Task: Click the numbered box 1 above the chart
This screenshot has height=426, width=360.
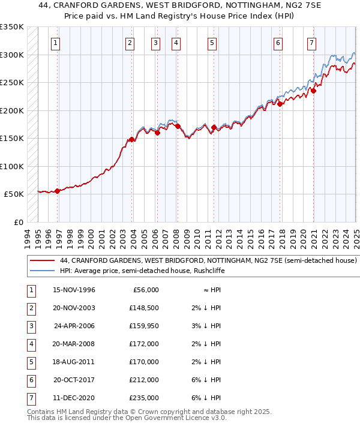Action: tap(55, 43)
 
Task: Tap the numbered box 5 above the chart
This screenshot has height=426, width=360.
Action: tap(212, 43)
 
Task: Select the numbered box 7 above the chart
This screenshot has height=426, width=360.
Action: tap(312, 43)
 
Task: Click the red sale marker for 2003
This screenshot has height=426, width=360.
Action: tap(131, 140)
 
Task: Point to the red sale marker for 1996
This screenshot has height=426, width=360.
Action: tap(58, 191)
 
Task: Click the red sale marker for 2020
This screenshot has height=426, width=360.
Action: tap(313, 91)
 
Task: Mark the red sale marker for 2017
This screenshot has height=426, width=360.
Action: tap(280, 104)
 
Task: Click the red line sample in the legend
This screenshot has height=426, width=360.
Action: tap(43, 261)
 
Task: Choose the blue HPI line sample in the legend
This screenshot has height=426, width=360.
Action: tap(43, 271)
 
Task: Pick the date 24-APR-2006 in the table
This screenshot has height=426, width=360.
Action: tap(74, 326)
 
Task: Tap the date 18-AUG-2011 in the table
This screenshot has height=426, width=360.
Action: tap(74, 362)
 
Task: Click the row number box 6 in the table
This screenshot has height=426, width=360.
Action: tap(31, 380)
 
